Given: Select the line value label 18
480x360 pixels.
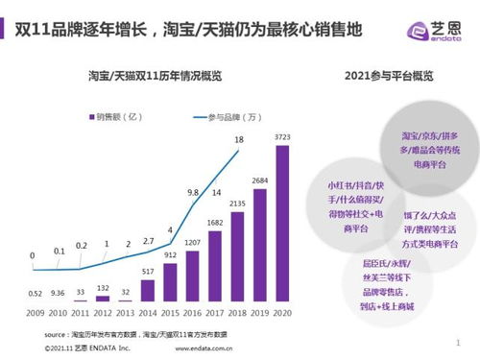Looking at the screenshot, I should point(238,141).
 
